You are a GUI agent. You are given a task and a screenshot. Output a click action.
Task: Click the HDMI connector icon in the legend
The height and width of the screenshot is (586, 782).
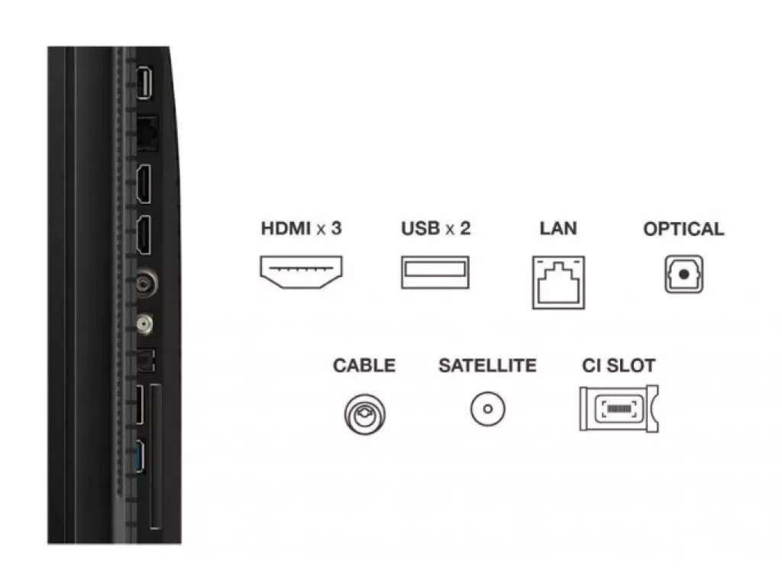click(x=301, y=272)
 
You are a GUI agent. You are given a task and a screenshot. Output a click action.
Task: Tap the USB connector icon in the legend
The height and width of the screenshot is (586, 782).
click(x=435, y=272)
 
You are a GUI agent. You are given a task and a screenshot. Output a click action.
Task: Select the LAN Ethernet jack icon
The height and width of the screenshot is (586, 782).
click(x=558, y=282)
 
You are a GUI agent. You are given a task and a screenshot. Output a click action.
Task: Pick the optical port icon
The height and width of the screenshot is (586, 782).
click(x=683, y=274)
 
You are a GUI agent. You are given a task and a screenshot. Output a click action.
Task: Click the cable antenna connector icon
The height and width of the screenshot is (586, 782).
click(x=364, y=414)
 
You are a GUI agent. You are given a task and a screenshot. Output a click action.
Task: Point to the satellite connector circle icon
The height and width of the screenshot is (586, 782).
click(x=488, y=409)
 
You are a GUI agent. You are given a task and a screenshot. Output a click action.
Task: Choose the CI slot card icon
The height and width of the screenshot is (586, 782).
click(x=619, y=408)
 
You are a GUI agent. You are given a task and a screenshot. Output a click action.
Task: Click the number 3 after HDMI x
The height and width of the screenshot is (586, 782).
click(x=336, y=228)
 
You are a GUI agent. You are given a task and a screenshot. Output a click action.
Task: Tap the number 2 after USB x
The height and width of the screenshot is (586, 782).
click(x=465, y=228)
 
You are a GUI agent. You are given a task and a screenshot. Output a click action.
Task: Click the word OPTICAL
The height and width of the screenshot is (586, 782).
click(x=683, y=229)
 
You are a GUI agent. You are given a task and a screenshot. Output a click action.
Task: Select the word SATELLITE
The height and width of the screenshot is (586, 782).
click(x=487, y=365)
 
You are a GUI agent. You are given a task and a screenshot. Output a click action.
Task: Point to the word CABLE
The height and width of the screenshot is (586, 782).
click(x=364, y=365)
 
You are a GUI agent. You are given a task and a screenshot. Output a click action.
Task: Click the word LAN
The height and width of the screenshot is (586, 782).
click(x=558, y=228)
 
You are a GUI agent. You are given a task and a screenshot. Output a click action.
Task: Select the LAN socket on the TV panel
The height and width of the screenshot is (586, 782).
click(x=147, y=133)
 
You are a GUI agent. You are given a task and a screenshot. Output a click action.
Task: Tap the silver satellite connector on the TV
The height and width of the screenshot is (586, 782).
click(x=144, y=324)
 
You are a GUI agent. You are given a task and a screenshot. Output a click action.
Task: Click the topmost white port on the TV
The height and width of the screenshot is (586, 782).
click(x=144, y=82)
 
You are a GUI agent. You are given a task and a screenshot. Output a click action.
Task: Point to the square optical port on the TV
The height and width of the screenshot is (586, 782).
click(x=146, y=360)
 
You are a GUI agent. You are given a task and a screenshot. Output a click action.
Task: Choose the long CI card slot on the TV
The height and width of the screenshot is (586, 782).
click(x=156, y=456)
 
